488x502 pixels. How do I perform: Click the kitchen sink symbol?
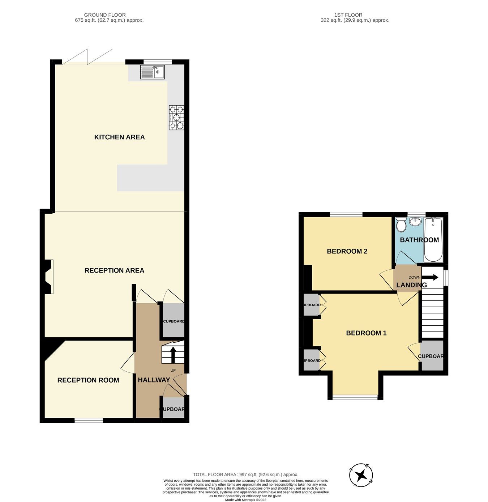click(x=152, y=72)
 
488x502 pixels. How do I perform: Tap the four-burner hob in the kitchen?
click(x=176, y=117)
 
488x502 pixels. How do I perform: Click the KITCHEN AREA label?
click(x=119, y=137)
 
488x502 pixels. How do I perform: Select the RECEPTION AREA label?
click(x=114, y=270)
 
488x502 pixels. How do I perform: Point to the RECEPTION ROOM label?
click(x=88, y=380)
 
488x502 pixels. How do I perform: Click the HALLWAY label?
click(x=154, y=380)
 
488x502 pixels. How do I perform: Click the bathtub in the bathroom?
click(x=433, y=239)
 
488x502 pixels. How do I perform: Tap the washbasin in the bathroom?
click(x=416, y=220)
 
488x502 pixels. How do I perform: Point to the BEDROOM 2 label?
click(x=347, y=251)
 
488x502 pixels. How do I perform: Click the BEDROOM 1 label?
click(x=366, y=333)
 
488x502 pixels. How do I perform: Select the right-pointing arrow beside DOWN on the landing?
click(x=431, y=278)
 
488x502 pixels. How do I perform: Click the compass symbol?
click(x=361, y=475)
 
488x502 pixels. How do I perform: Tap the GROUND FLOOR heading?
click(x=105, y=15)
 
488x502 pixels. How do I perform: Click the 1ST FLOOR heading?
click(x=348, y=15)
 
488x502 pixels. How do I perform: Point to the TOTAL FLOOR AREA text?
click(x=245, y=474)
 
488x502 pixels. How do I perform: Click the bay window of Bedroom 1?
click(x=355, y=397)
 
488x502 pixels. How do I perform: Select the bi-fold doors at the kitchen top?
click(x=88, y=57)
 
